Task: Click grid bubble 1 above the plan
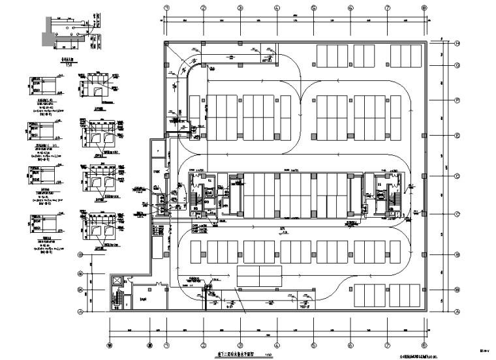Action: [166, 8]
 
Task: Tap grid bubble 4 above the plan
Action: [277, 8]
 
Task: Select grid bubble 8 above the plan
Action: [424, 8]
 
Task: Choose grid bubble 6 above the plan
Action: [350, 8]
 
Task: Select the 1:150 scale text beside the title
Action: [267, 355]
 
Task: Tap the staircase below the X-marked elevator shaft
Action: [118, 298]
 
